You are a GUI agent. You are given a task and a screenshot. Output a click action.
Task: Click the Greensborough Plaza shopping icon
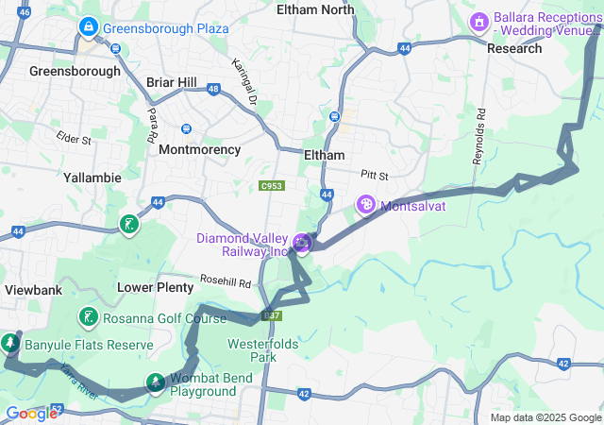[89, 27]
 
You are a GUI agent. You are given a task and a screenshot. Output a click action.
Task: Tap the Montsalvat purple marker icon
[365, 204]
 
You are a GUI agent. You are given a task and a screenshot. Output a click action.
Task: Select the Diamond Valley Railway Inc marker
[302, 244]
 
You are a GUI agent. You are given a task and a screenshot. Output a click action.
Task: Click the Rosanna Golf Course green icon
[89, 317]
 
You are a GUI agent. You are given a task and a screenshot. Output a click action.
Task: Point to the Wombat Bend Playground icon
[155, 382]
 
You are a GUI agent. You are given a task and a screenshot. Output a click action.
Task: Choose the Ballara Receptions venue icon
[478, 20]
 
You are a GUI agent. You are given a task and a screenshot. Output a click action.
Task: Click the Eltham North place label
[315, 9]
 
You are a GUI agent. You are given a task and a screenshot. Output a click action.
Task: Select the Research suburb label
[514, 48]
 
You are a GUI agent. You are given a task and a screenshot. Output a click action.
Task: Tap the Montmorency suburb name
[199, 149]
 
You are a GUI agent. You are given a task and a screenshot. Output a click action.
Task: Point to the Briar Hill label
[172, 82]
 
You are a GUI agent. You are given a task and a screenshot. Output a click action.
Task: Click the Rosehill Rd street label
[225, 282]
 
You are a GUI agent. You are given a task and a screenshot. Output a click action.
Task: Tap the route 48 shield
[213, 89]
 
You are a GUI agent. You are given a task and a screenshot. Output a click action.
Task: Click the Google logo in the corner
[31, 413]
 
